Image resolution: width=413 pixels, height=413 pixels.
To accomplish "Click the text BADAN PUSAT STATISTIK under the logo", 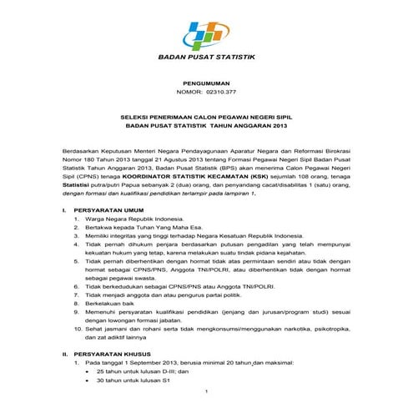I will pyautogui.click(x=207, y=57).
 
